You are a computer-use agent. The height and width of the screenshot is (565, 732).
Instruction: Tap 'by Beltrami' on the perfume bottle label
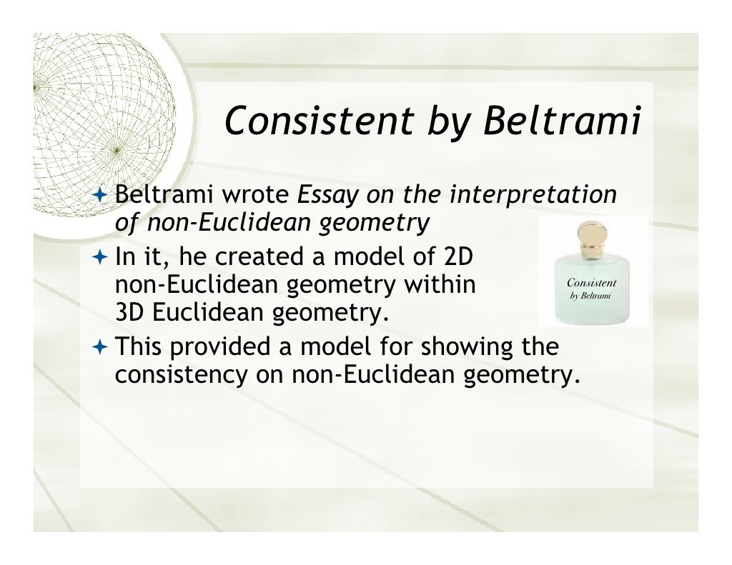coord(590,295)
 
